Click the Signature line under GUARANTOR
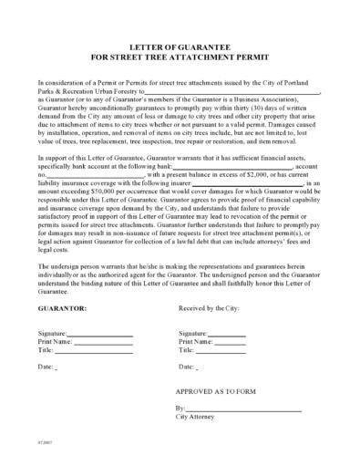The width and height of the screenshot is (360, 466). (102, 336)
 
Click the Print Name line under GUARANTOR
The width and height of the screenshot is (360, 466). (105, 343)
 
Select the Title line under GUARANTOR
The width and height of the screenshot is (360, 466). (96, 350)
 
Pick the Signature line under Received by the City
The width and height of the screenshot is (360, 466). (225, 336)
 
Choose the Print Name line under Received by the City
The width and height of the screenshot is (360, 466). (231, 343)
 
